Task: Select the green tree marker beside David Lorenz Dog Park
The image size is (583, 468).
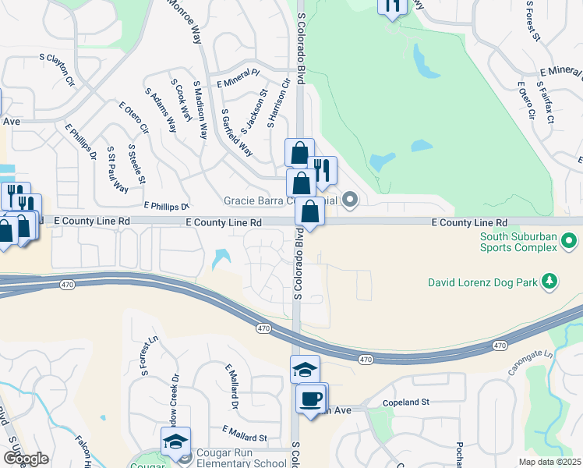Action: click(549, 280)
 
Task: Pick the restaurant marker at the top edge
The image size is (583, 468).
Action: click(392, 5)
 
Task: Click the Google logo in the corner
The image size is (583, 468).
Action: click(25, 459)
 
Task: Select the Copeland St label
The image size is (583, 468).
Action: click(406, 403)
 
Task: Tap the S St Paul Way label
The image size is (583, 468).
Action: click(118, 168)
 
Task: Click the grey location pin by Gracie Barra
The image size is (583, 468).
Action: click(351, 200)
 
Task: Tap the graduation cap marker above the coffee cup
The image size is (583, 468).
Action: click(306, 370)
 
